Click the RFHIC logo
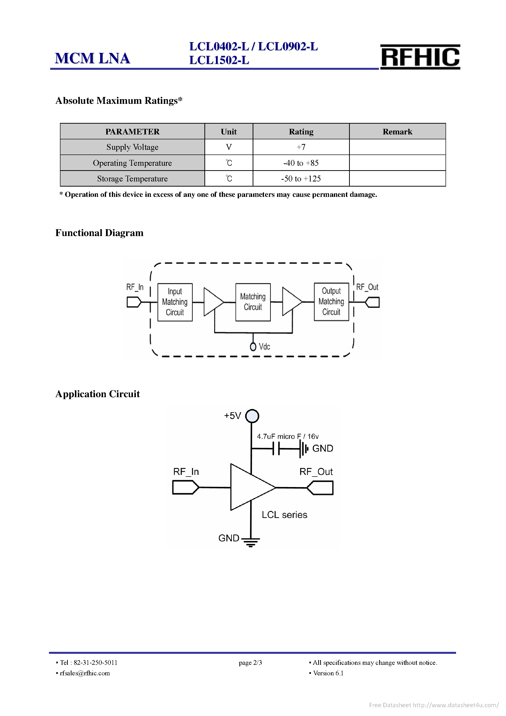pos(420,57)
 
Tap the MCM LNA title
pos(92,58)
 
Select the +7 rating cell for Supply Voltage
pos(301,147)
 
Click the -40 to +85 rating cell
pos(301,163)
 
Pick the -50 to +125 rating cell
pos(301,179)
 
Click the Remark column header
pos(397,131)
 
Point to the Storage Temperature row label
pos(132,179)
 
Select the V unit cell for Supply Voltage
pos(229,147)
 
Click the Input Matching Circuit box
pos(175,302)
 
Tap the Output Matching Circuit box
pos(331,301)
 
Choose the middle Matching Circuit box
pos(253,302)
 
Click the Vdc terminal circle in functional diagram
pos(253,347)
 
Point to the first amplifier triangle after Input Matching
pos(213,302)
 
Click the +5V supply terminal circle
pos(252,416)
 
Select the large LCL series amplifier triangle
pos(248,487)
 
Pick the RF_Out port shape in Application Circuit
pos(320,488)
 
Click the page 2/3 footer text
pos(250,663)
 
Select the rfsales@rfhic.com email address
pos(85,673)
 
